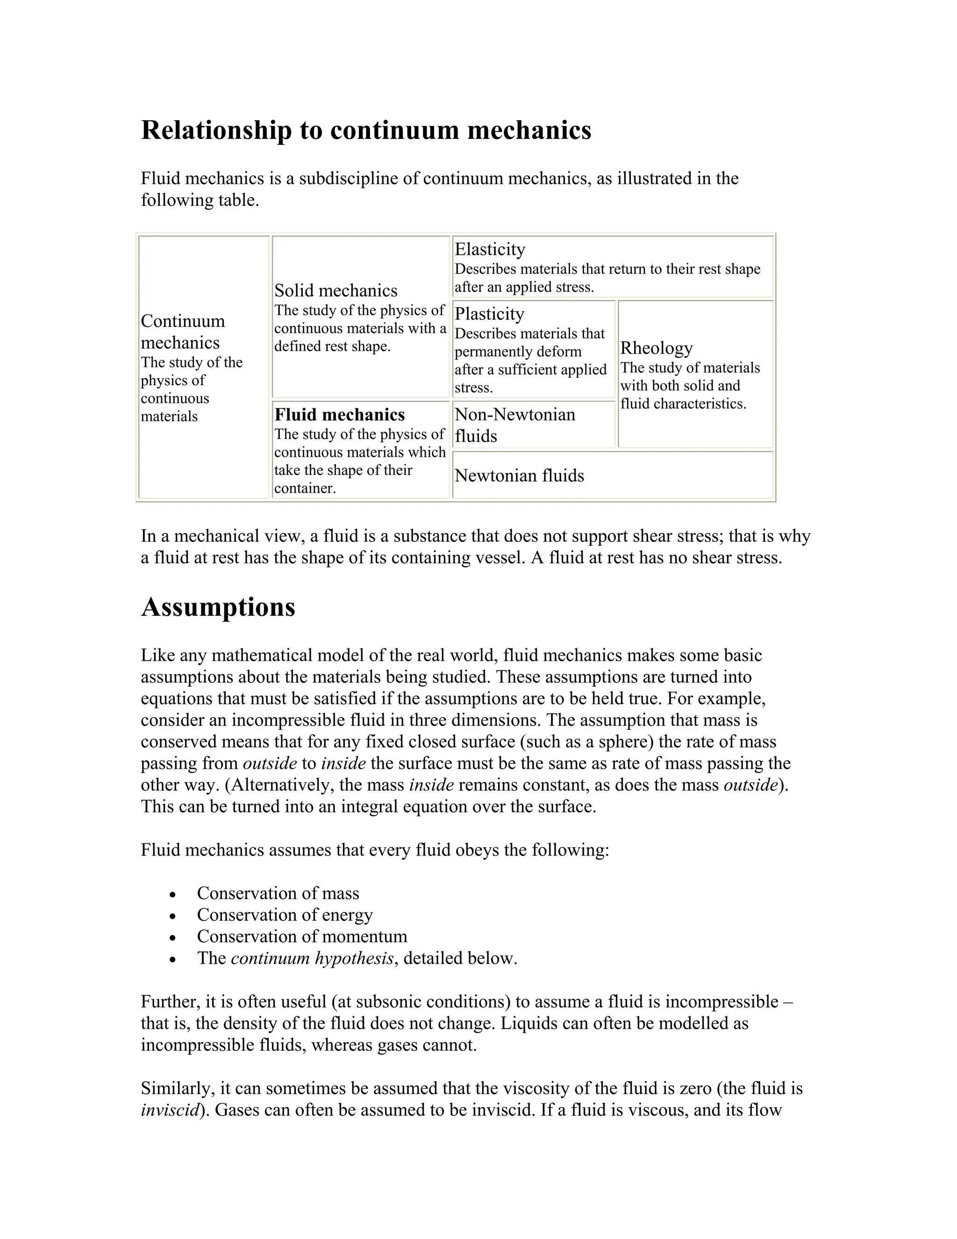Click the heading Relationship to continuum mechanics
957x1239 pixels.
[366, 130]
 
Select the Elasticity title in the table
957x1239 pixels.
[489, 249]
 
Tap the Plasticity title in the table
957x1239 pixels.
[489, 314]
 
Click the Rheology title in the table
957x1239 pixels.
[656, 348]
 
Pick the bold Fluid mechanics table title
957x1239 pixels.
[339, 415]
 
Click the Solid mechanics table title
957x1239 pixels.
[336, 290]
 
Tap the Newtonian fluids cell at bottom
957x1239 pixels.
[519, 475]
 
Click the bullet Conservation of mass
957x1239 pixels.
[278, 893]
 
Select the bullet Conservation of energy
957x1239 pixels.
[285, 915]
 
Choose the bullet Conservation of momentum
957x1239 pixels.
[301, 936]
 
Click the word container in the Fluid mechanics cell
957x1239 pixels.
[303, 489]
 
